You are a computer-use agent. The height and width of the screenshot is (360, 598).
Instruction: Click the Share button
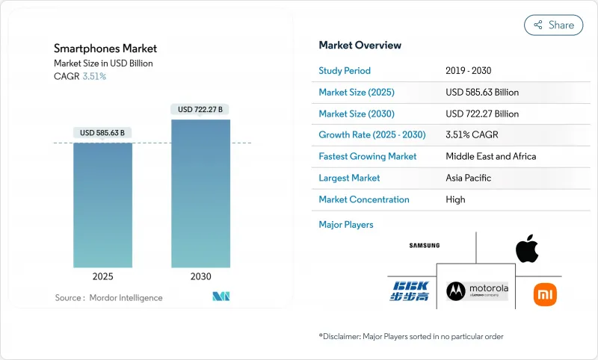coord(553,25)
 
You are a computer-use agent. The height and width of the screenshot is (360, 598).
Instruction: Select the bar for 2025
coord(102,205)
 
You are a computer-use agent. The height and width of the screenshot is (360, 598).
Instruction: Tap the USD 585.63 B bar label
coord(102,133)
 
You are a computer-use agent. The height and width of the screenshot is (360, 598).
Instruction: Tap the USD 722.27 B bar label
coord(200,110)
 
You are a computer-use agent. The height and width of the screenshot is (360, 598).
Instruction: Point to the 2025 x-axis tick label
coord(102,276)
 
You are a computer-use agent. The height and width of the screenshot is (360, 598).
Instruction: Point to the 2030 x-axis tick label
coord(200,276)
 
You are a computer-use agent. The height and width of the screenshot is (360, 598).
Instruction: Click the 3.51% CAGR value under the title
coord(93,76)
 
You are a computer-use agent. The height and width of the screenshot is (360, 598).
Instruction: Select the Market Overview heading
coord(360,46)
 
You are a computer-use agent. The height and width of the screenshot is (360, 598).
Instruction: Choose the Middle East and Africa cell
coord(490,157)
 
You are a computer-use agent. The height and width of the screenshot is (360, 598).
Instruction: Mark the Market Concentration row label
coord(364,199)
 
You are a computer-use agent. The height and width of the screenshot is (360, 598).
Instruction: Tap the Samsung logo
coord(424,246)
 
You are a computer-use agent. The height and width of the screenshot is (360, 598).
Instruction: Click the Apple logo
coord(527,249)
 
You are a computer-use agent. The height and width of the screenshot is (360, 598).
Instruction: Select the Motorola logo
coord(476,291)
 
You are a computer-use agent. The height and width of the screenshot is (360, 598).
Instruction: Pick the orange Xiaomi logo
coord(545,294)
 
